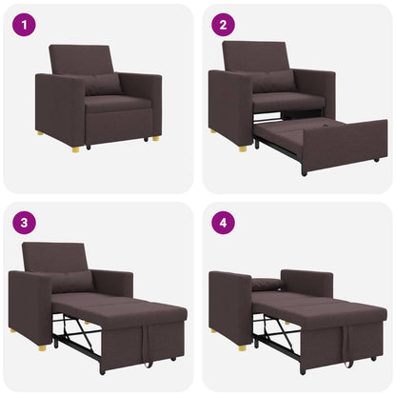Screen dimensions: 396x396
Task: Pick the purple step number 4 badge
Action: coord(224,225)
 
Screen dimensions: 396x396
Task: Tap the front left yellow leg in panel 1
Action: coord(40,133)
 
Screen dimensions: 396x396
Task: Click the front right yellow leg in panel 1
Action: coord(154,139)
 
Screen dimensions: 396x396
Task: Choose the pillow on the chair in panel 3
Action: coord(72,282)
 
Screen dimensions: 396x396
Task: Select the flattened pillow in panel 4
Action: coord(267,283)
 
